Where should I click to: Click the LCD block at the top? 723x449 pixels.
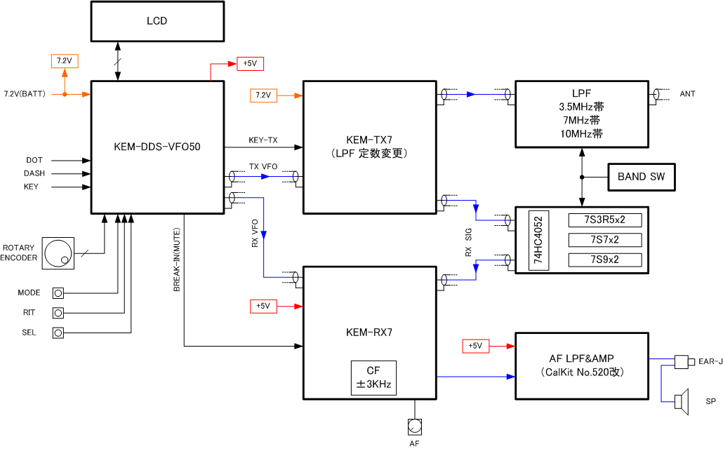click(x=157, y=21)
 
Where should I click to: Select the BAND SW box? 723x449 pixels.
click(x=641, y=177)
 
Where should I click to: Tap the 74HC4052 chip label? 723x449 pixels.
click(x=538, y=241)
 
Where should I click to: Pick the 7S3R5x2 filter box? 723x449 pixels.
click(x=604, y=220)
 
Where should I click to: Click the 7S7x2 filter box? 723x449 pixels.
click(x=604, y=241)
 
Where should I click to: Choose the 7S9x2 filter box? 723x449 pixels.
click(x=604, y=260)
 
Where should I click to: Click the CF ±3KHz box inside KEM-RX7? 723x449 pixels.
click(x=373, y=378)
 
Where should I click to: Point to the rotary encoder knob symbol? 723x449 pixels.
click(x=57, y=253)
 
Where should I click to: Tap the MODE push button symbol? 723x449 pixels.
click(x=59, y=293)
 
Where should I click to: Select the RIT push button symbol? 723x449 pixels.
click(x=59, y=313)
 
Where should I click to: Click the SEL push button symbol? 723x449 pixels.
click(x=59, y=333)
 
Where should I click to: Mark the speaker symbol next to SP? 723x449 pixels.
click(x=679, y=401)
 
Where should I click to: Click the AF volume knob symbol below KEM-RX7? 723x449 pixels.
click(x=415, y=426)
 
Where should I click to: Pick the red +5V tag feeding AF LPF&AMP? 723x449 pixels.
click(x=475, y=346)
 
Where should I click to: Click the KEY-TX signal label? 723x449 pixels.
click(x=263, y=140)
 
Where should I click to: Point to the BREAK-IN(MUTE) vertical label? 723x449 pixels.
click(x=177, y=260)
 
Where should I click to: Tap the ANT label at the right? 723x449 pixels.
click(x=687, y=94)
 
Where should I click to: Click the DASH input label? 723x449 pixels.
click(x=34, y=173)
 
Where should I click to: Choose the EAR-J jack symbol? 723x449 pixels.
click(x=681, y=362)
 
